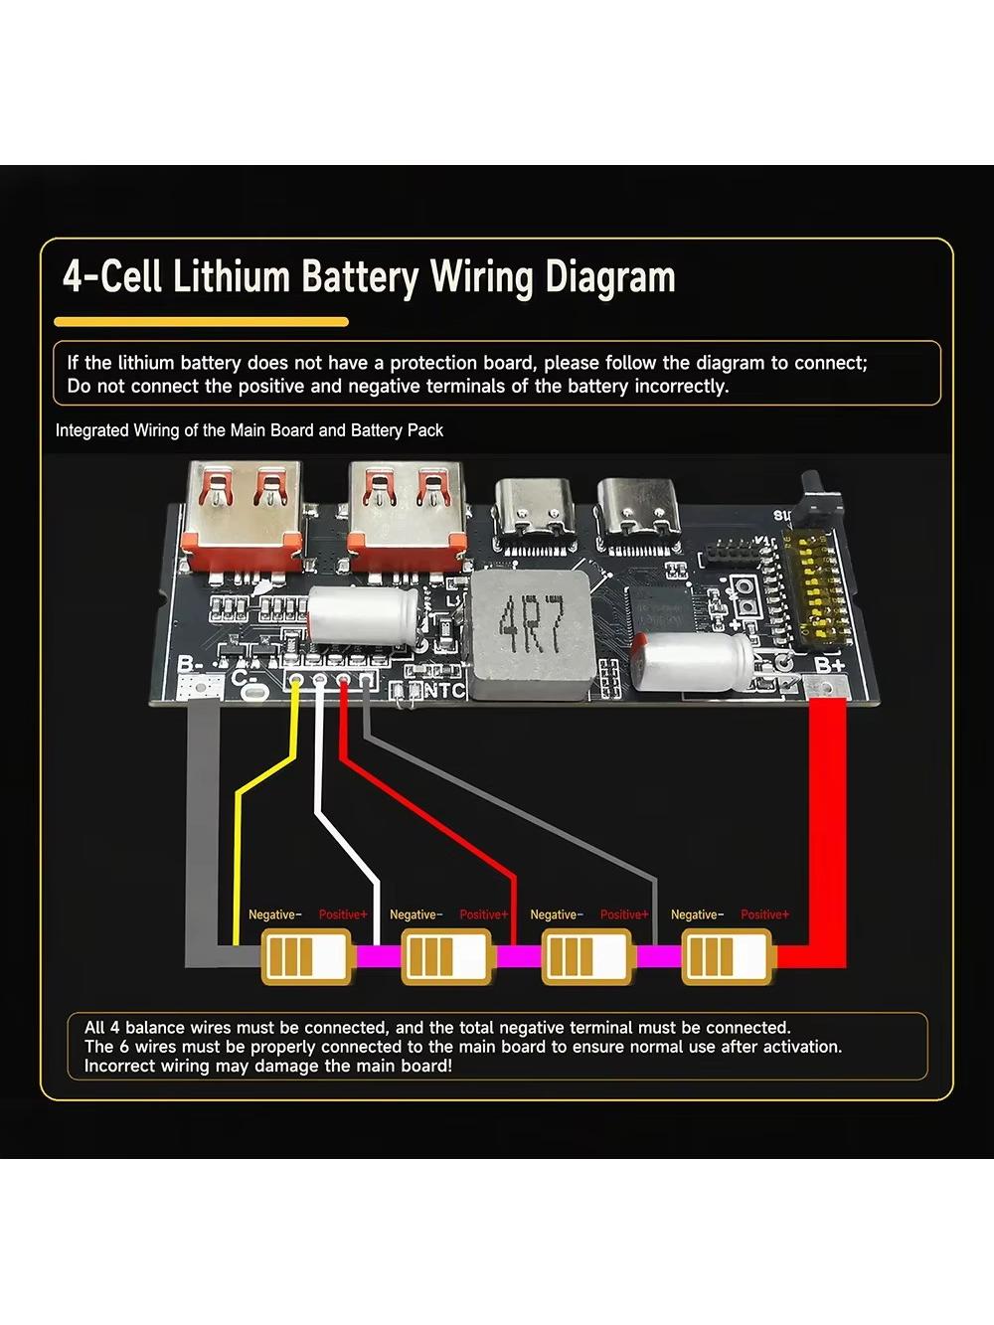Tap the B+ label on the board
tap(830, 665)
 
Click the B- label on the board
tap(191, 665)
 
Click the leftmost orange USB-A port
tap(245, 517)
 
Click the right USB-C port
tap(638, 509)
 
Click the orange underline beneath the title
tap(201, 322)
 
